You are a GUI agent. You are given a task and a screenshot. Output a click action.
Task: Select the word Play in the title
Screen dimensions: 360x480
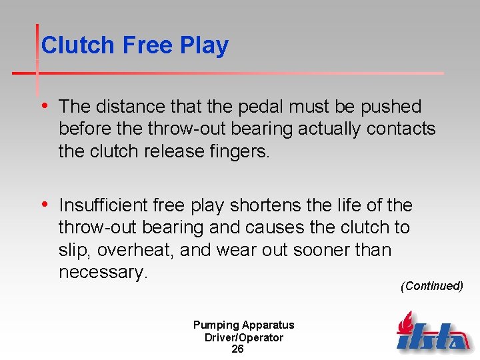tap(204, 45)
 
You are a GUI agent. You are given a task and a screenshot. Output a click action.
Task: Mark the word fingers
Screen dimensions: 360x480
tap(238, 151)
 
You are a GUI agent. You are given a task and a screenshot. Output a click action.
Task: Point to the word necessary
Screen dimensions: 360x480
tap(102, 272)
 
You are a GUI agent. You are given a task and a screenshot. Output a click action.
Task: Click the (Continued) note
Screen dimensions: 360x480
tap(431, 286)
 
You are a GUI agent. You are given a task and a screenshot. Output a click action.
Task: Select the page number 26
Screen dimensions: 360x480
tap(237, 349)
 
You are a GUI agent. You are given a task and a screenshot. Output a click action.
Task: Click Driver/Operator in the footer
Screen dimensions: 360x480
tap(243, 337)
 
